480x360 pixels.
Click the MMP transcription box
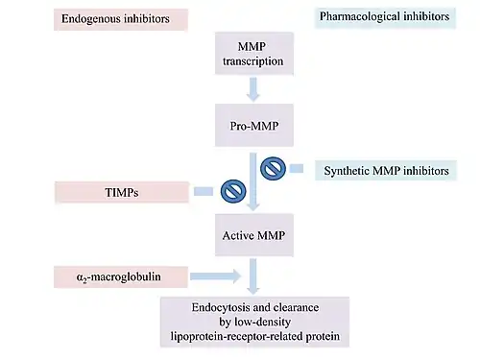point(254,54)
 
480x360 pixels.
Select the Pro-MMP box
point(254,125)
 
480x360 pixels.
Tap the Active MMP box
point(254,235)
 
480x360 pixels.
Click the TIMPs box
point(122,192)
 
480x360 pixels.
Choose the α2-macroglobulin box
point(121,276)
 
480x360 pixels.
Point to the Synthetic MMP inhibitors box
point(386,170)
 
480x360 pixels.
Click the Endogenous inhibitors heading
point(121,19)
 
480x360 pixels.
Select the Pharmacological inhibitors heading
point(385,17)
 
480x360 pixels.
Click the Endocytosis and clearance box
point(254,322)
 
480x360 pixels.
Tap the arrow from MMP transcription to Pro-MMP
point(253,89)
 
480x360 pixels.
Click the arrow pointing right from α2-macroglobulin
point(215,276)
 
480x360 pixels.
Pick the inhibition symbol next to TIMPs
point(233,191)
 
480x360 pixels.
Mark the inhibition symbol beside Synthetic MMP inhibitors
point(273,168)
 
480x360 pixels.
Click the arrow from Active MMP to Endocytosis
point(253,276)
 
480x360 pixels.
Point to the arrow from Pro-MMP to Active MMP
point(253,181)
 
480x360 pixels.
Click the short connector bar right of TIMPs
point(204,191)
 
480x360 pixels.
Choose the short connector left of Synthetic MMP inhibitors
point(297,168)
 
